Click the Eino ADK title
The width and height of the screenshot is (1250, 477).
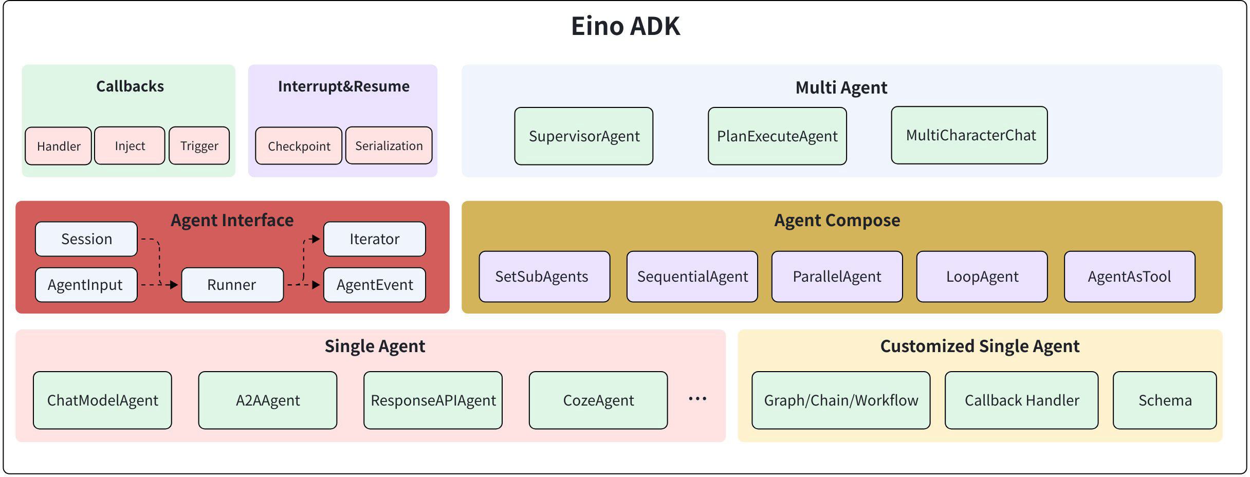(625, 26)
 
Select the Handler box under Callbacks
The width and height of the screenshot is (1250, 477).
(59, 146)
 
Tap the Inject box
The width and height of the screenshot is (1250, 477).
(130, 146)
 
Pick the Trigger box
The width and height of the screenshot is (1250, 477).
(199, 146)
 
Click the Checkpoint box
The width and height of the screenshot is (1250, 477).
(299, 146)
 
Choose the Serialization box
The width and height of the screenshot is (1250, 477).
(389, 146)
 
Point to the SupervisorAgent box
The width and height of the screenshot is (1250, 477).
(584, 136)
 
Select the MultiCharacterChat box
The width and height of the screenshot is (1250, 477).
(969, 136)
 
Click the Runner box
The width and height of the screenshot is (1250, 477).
(232, 285)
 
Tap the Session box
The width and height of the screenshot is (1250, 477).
(86, 239)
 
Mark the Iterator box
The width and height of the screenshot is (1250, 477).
(374, 239)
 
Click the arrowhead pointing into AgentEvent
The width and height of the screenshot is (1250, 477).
(316, 284)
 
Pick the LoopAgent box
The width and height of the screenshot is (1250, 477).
(982, 277)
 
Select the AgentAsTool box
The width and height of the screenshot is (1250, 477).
(1129, 277)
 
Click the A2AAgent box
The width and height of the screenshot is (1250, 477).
(268, 400)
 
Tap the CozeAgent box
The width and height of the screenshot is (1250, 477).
(598, 400)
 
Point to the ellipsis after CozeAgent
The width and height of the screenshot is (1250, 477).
(697, 399)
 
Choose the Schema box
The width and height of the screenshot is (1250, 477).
(1165, 400)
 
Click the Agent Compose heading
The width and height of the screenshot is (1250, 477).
(837, 221)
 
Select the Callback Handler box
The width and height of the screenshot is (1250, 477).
(1021, 400)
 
